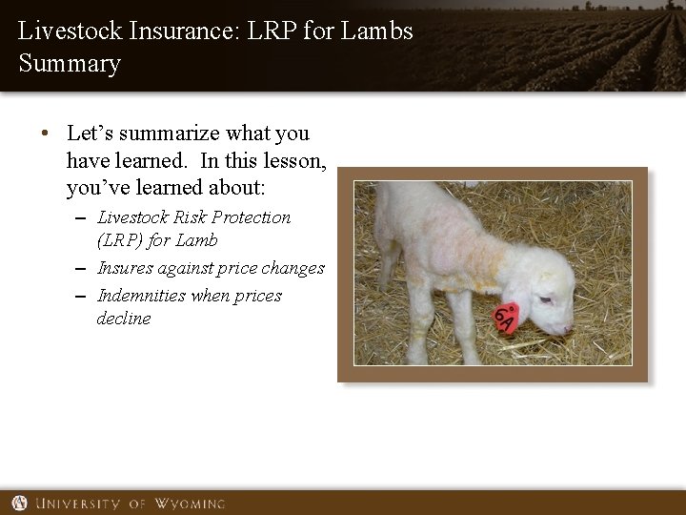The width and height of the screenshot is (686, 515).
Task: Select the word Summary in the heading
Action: [x=70, y=64]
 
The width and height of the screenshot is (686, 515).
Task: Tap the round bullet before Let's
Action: [x=46, y=134]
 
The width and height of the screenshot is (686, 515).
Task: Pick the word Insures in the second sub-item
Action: [x=127, y=269]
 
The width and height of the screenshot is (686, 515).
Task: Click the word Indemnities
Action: [x=141, y=296]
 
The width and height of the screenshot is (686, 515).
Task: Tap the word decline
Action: [x=124, y=319]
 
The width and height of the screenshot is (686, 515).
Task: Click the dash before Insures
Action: [x=83, y=269]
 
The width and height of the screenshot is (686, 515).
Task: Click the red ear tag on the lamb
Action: [x=506, y=319]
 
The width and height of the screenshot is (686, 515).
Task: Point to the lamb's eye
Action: [x=544, y=300]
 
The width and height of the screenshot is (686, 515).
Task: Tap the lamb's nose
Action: [x=569, y=330]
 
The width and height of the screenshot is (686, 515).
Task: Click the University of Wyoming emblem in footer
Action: [x=19, y=503]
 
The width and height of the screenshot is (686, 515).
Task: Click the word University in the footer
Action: [x=80, y=503]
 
